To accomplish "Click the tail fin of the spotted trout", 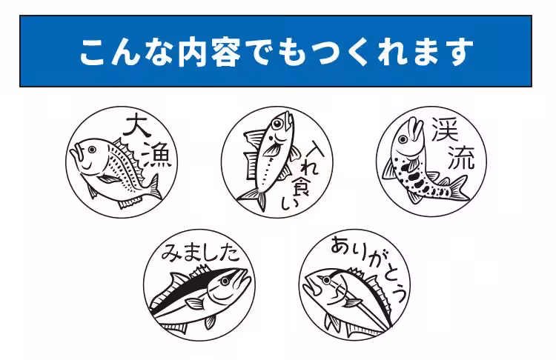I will tap(457, 188).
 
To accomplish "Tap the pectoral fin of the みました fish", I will tap(196, 303).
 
